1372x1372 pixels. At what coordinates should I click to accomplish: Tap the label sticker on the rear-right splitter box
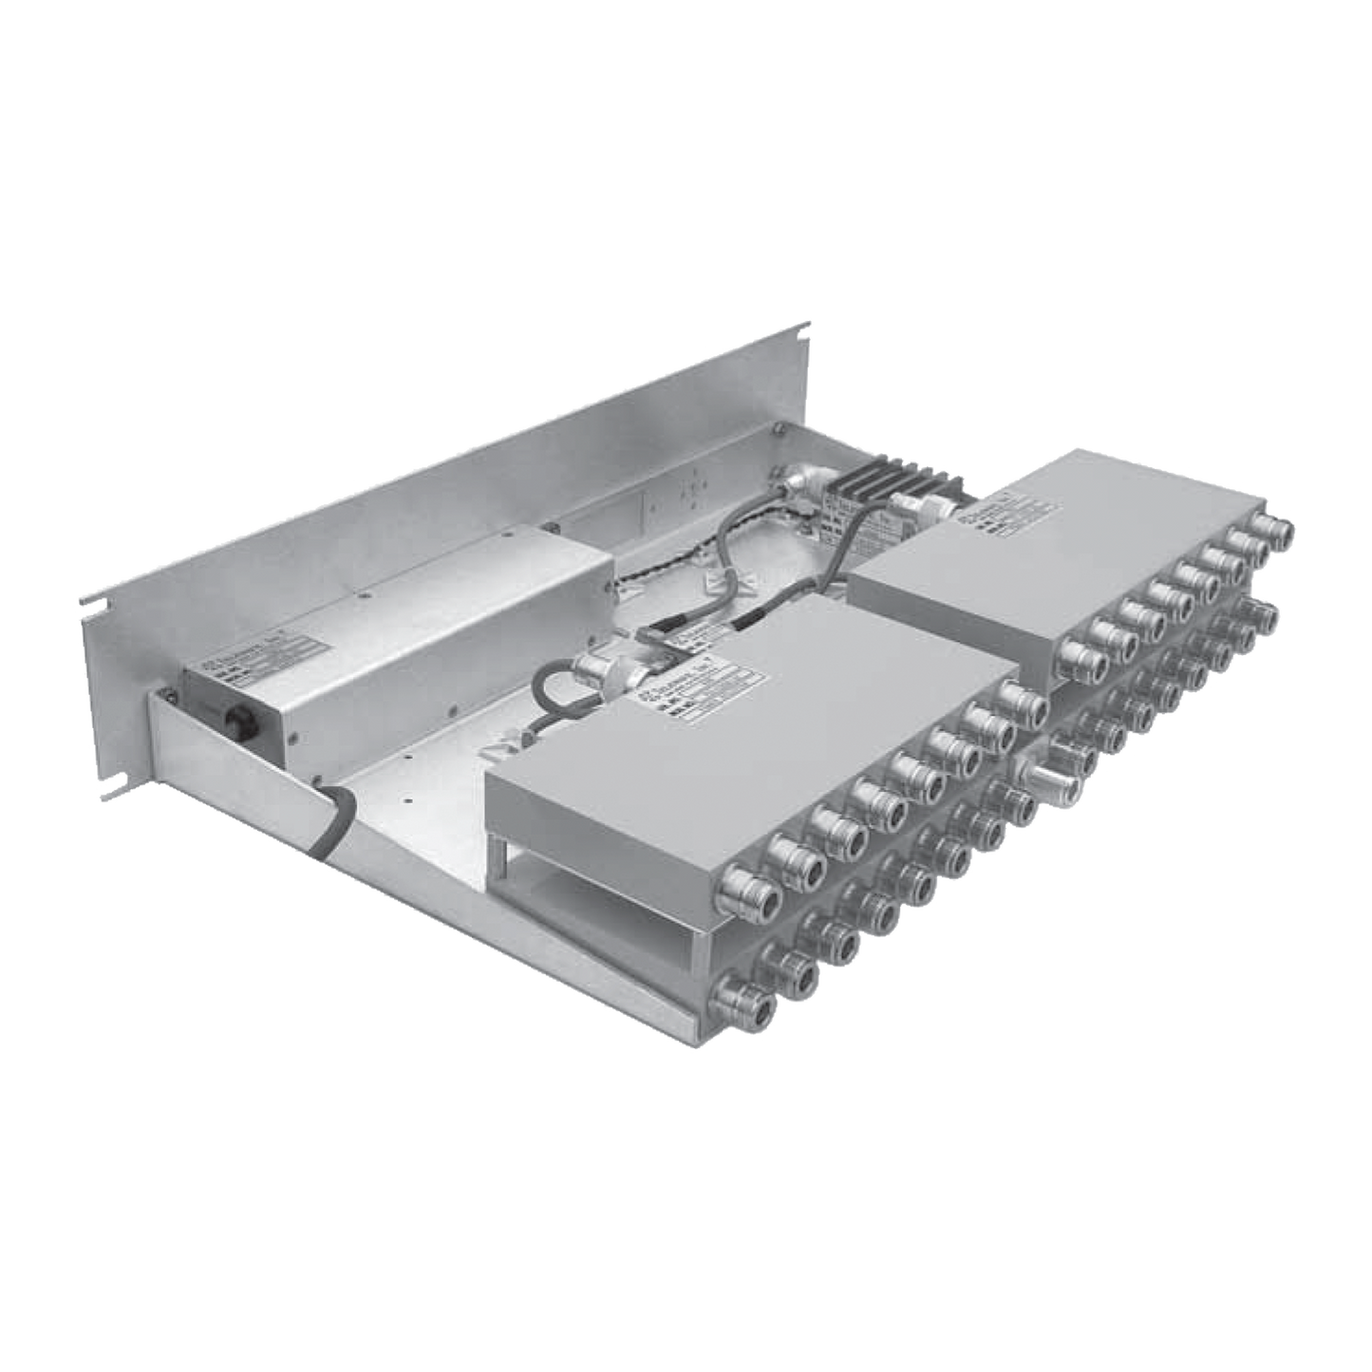1003,517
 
